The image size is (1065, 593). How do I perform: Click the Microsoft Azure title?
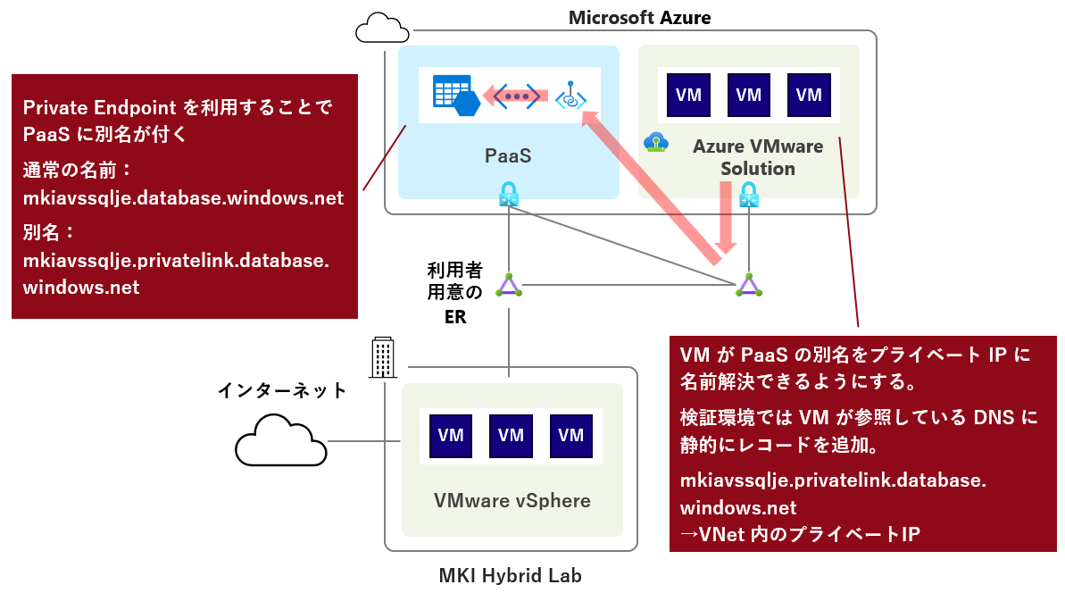(639, 18)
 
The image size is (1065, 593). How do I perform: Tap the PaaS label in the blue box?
(508, 155)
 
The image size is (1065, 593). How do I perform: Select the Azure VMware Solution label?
(757, 157)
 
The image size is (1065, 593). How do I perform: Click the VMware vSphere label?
(512, 501)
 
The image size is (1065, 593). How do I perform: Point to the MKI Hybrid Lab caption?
(510, 575)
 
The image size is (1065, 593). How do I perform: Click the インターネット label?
(282, 390)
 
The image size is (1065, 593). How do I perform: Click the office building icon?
(382, 357)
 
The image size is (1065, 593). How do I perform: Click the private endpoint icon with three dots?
(516, 96)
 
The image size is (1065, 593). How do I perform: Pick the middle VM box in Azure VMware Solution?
(748, 95)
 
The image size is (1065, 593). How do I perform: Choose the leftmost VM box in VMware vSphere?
(450, 436)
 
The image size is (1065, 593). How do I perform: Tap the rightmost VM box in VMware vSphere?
(570, 436)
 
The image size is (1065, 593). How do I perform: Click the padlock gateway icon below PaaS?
(509, 195)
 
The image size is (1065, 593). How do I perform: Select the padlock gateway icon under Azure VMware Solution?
(748, 195)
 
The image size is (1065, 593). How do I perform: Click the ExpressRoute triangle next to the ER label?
(509, 285)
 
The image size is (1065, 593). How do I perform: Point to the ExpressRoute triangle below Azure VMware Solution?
(748, 285)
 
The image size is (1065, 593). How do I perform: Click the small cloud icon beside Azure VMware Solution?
(656, 143)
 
